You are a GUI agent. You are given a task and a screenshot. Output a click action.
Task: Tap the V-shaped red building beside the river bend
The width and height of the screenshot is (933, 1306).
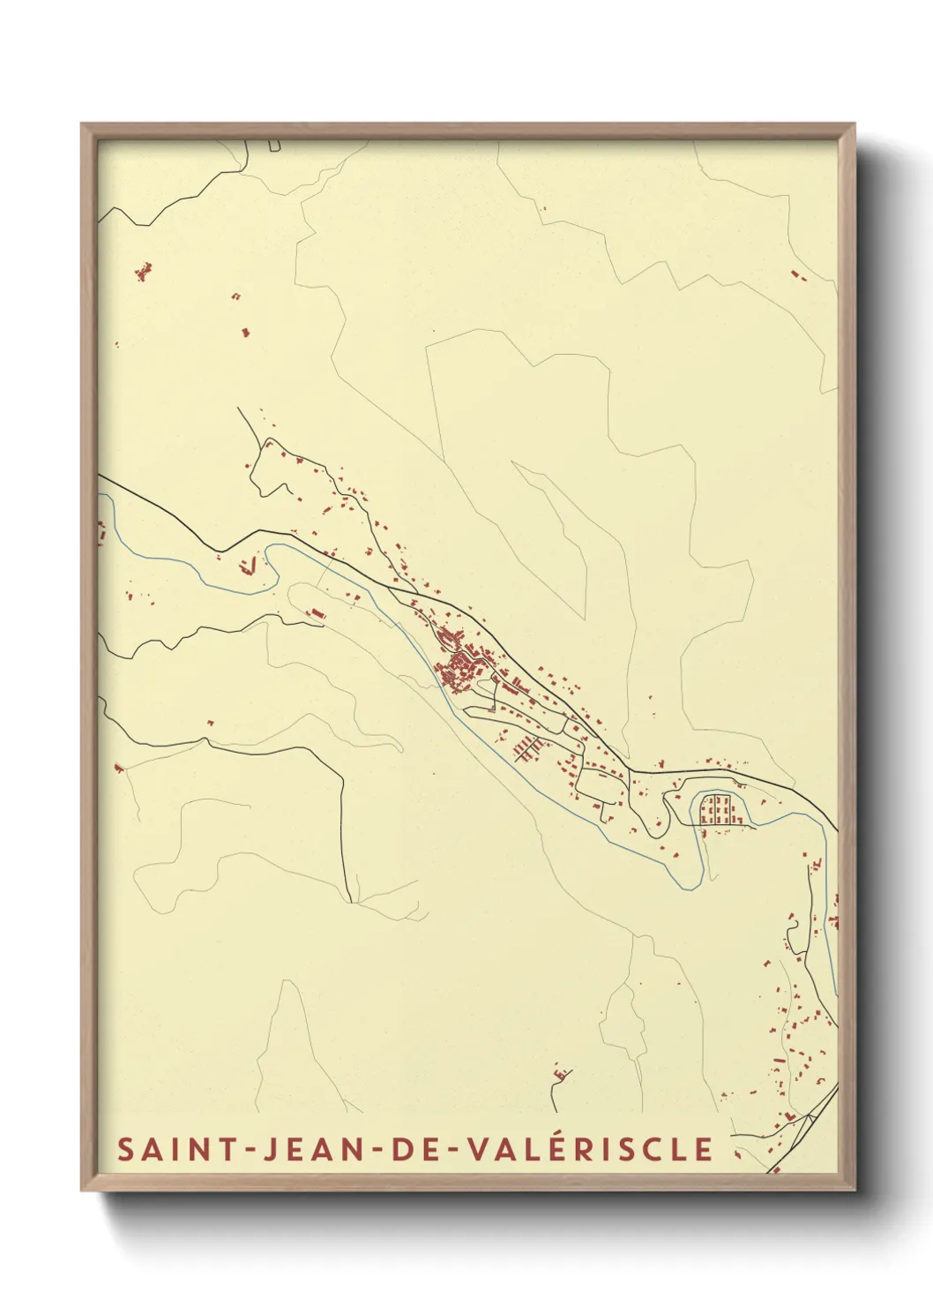tap(250, 565)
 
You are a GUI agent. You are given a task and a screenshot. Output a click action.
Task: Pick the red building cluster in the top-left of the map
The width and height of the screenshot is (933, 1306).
tap(143, 270)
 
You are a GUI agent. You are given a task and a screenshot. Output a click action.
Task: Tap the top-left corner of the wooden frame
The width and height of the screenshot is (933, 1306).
tap(82, 124)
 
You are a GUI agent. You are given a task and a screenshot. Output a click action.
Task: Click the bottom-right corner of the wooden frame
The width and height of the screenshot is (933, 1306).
tap(855, 1190)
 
